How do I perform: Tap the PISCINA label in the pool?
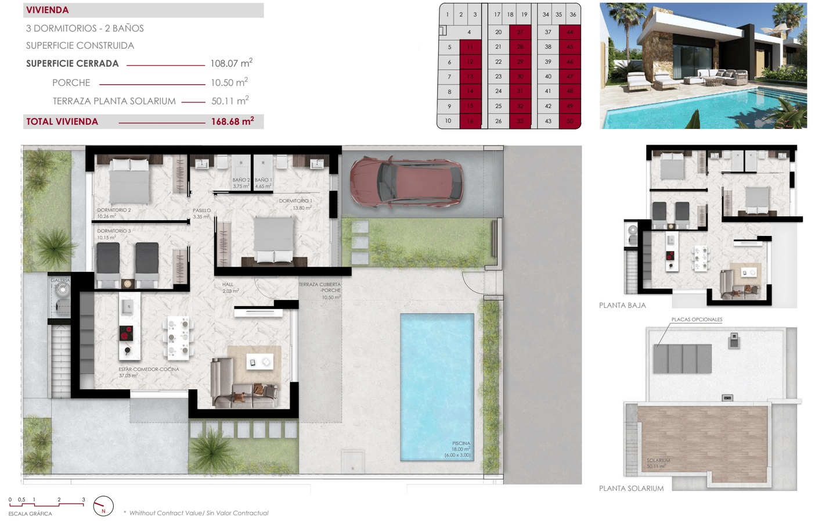461,443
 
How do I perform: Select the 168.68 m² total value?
232,121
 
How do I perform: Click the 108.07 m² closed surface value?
231,63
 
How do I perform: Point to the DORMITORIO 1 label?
295,201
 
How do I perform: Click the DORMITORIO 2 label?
114,210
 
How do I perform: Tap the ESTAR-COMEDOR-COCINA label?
149,370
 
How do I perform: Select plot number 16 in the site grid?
470,121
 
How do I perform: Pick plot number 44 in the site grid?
569,32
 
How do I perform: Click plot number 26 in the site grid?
498,121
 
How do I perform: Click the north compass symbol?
103,506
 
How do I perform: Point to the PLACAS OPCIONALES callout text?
697,320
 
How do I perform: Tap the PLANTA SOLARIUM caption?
631,489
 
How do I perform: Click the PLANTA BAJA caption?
622,306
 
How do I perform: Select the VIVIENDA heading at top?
48,10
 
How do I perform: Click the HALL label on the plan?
228,285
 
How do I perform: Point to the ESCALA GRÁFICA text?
30,514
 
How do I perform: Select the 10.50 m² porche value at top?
229,83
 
